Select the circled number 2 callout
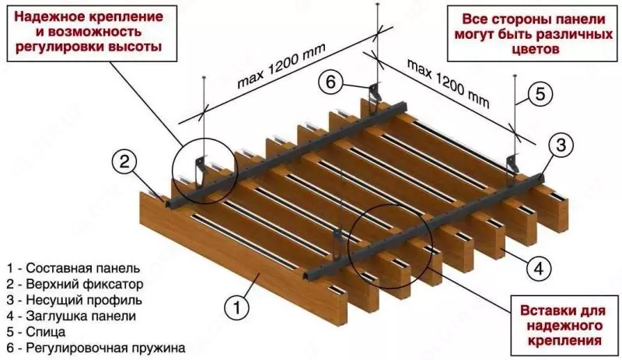click(x=124, y=163)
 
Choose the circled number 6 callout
click(x=328, y=82)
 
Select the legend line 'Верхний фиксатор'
click(x=71, y=281)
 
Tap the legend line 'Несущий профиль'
click(x=69, y=299)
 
